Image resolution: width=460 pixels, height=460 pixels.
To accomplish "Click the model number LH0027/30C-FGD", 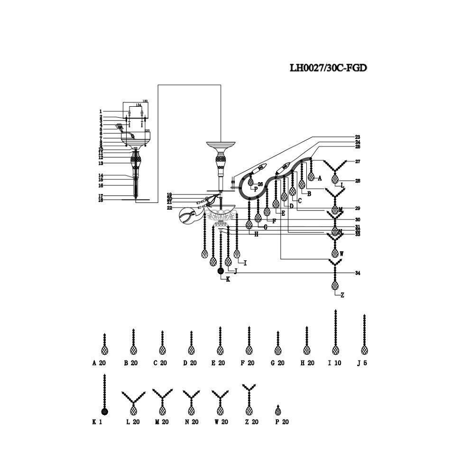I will tap(328, 68).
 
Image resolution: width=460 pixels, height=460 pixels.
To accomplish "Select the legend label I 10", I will tap(335, 363).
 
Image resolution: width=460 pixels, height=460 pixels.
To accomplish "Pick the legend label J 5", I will tap(362, 363).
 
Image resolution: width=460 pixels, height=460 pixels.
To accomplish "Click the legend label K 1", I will tap(97, 422).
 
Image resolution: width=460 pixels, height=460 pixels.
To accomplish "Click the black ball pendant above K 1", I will tap(104, 411).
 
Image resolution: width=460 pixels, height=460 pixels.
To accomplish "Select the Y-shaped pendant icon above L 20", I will tap(133, 403).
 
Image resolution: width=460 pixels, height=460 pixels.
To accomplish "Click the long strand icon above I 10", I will tap(335, 332).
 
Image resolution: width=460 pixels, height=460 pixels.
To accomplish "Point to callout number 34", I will tap(357, 273).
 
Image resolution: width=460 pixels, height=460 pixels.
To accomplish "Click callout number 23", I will tap(357, 137).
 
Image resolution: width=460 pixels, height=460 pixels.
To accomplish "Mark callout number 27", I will tap(357, 162).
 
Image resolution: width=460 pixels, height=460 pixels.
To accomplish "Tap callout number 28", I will tap(357, 181).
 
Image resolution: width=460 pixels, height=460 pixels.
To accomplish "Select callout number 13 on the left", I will tap(101, 163).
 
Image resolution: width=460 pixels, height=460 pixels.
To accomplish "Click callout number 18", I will tap(101, 200).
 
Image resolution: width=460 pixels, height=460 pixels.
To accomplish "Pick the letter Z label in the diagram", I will tap(342, 295).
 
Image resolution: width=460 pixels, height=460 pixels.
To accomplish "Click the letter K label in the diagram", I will tap(228, 279).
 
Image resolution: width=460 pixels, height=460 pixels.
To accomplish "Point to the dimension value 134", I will tap(138, 105).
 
